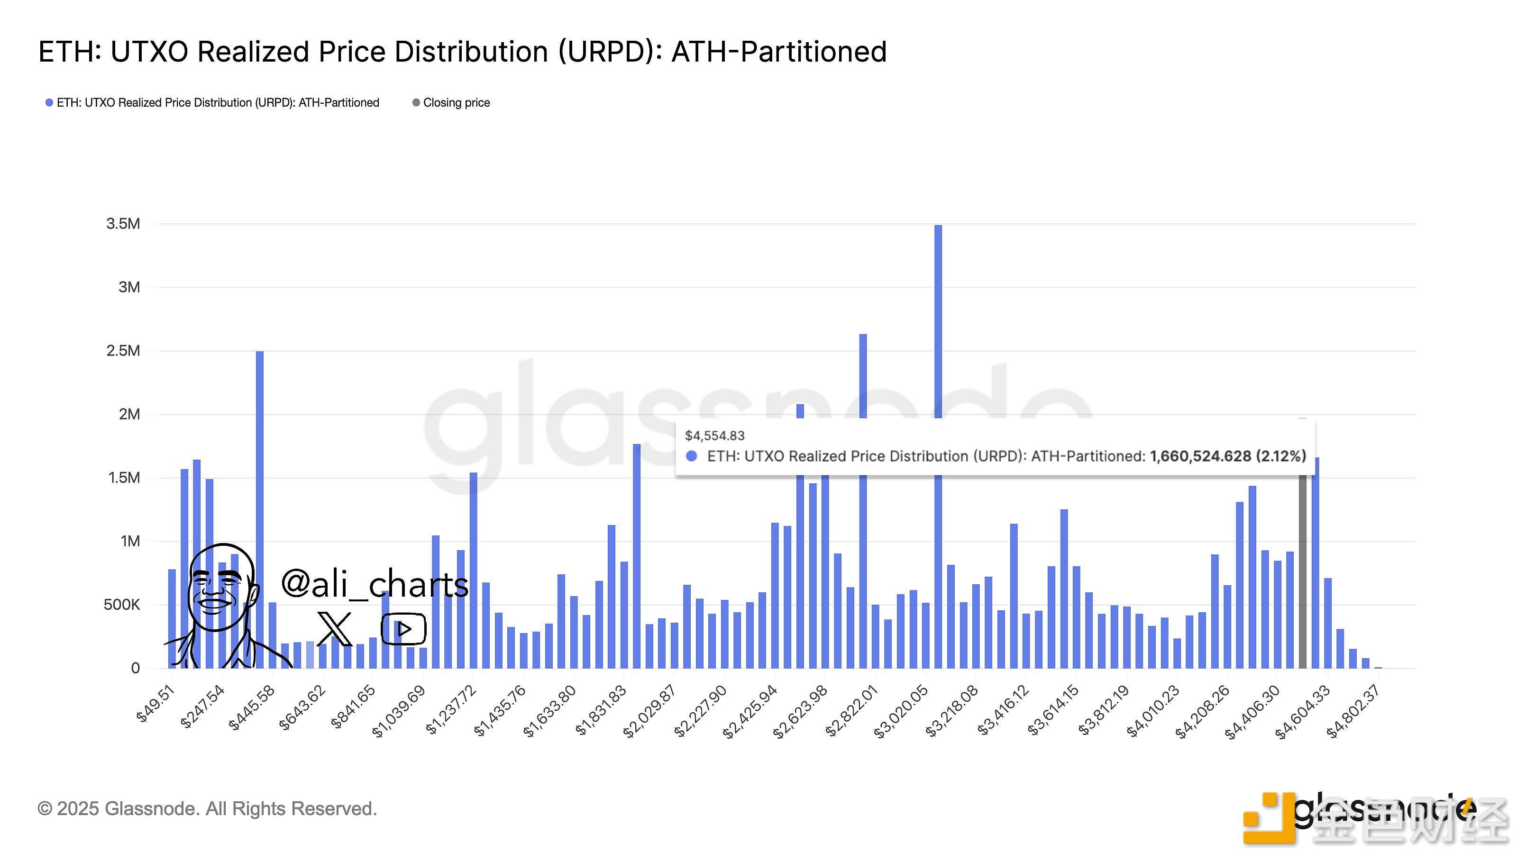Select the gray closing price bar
coord(1302,571)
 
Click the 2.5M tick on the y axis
coord(123,351)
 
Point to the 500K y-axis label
coord(122,605)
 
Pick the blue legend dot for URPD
coord(49,102)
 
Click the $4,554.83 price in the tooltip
coord(714,436)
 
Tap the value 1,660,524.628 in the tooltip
coord(1199,456)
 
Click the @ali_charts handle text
coord(375,583)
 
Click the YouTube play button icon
coord(403,629)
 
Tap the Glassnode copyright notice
coord(207,808)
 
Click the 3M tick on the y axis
coord(129,287)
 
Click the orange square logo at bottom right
coord(1266,818)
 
